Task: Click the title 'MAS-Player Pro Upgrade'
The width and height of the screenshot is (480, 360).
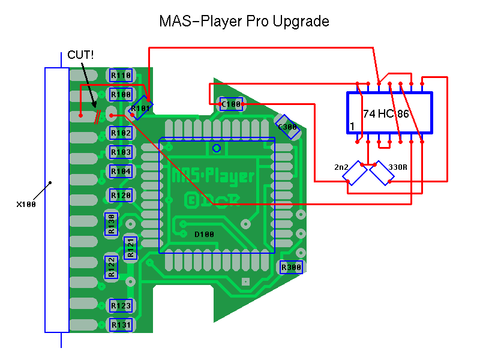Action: (244, 22)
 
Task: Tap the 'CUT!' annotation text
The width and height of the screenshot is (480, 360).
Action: (80, 55)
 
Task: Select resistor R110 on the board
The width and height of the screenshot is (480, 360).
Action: (121, 76)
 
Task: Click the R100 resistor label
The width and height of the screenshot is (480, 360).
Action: (121, 95)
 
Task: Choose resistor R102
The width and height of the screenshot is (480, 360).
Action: (121, 133)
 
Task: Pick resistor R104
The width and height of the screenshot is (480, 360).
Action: (121, 171)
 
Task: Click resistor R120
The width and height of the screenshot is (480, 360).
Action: (121, 196)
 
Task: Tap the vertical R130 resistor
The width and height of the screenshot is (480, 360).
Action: (111, 224)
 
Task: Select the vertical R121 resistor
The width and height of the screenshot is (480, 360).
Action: (130, 248)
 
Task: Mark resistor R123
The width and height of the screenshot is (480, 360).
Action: (121, 306)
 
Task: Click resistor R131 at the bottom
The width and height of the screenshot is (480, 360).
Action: (121, 325)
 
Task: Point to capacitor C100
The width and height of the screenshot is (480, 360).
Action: (231, 104)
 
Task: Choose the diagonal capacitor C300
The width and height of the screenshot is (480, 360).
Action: (287, 127)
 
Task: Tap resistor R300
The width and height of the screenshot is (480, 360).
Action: (292, 267)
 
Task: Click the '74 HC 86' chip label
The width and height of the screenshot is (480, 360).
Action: (386, 113)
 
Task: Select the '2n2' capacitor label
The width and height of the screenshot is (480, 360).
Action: (341, 167)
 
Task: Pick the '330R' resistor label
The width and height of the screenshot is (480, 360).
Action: (398, 167)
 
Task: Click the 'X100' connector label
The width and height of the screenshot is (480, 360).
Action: (26, 204)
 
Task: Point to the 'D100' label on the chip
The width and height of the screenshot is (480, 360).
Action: (204, 234)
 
